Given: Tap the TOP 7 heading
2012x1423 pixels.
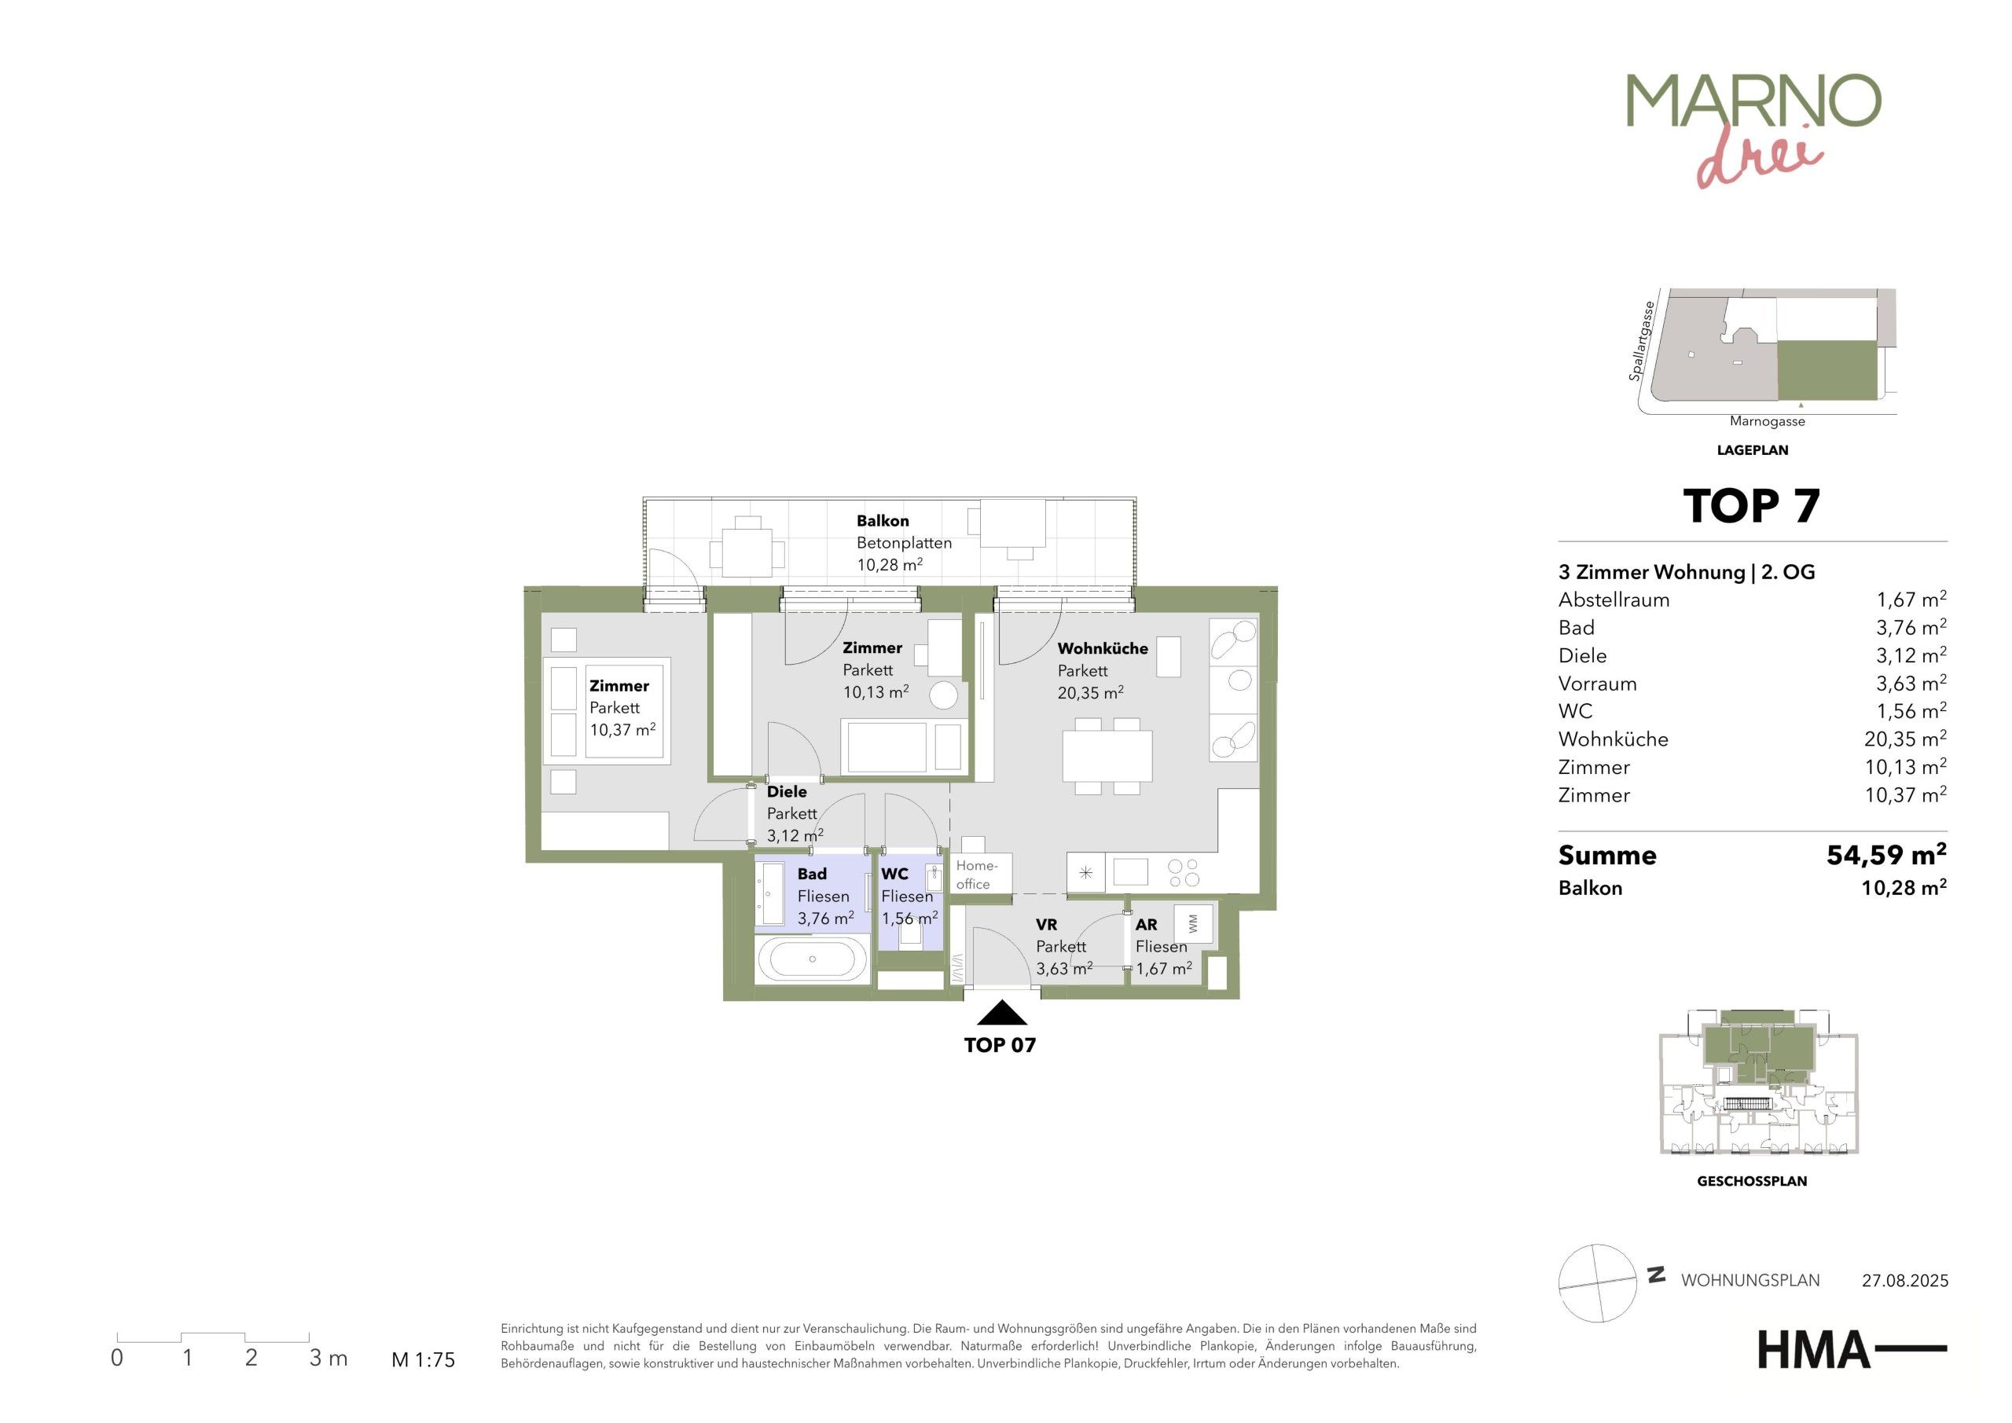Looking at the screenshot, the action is [x=1752, y=507].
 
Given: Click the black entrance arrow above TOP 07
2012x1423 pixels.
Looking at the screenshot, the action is [x=1001, y=1013].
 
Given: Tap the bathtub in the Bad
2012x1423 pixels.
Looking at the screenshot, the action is [x=813, y=959].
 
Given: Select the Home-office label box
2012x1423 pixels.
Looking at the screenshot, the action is [x=981, y=874].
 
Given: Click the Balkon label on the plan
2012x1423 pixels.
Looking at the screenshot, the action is [x=883, y=520].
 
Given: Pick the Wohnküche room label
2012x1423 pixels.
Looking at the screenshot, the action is [x=1103, y=648].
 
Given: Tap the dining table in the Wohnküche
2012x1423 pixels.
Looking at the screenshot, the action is [x=1107, y=756].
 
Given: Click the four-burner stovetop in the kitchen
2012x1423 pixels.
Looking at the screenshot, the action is [x=1184, y=873].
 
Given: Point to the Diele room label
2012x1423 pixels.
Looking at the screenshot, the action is [x=787, y=791].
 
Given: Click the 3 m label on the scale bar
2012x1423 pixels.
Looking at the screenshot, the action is [x=329, y=1358].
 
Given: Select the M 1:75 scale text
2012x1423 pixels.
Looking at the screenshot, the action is [x=424, y=1360].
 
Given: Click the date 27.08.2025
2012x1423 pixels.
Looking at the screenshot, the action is [x=1905, y=1281].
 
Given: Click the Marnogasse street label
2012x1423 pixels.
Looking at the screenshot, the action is [x=1768, y=421].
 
